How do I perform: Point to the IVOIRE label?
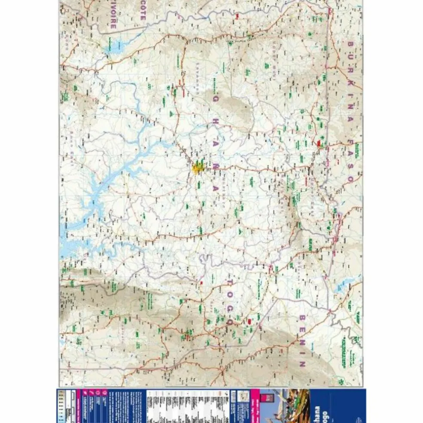[113, 17]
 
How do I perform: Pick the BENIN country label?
[302, 340]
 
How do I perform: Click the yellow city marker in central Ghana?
[198, 167]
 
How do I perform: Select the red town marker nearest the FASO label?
[319, 143]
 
